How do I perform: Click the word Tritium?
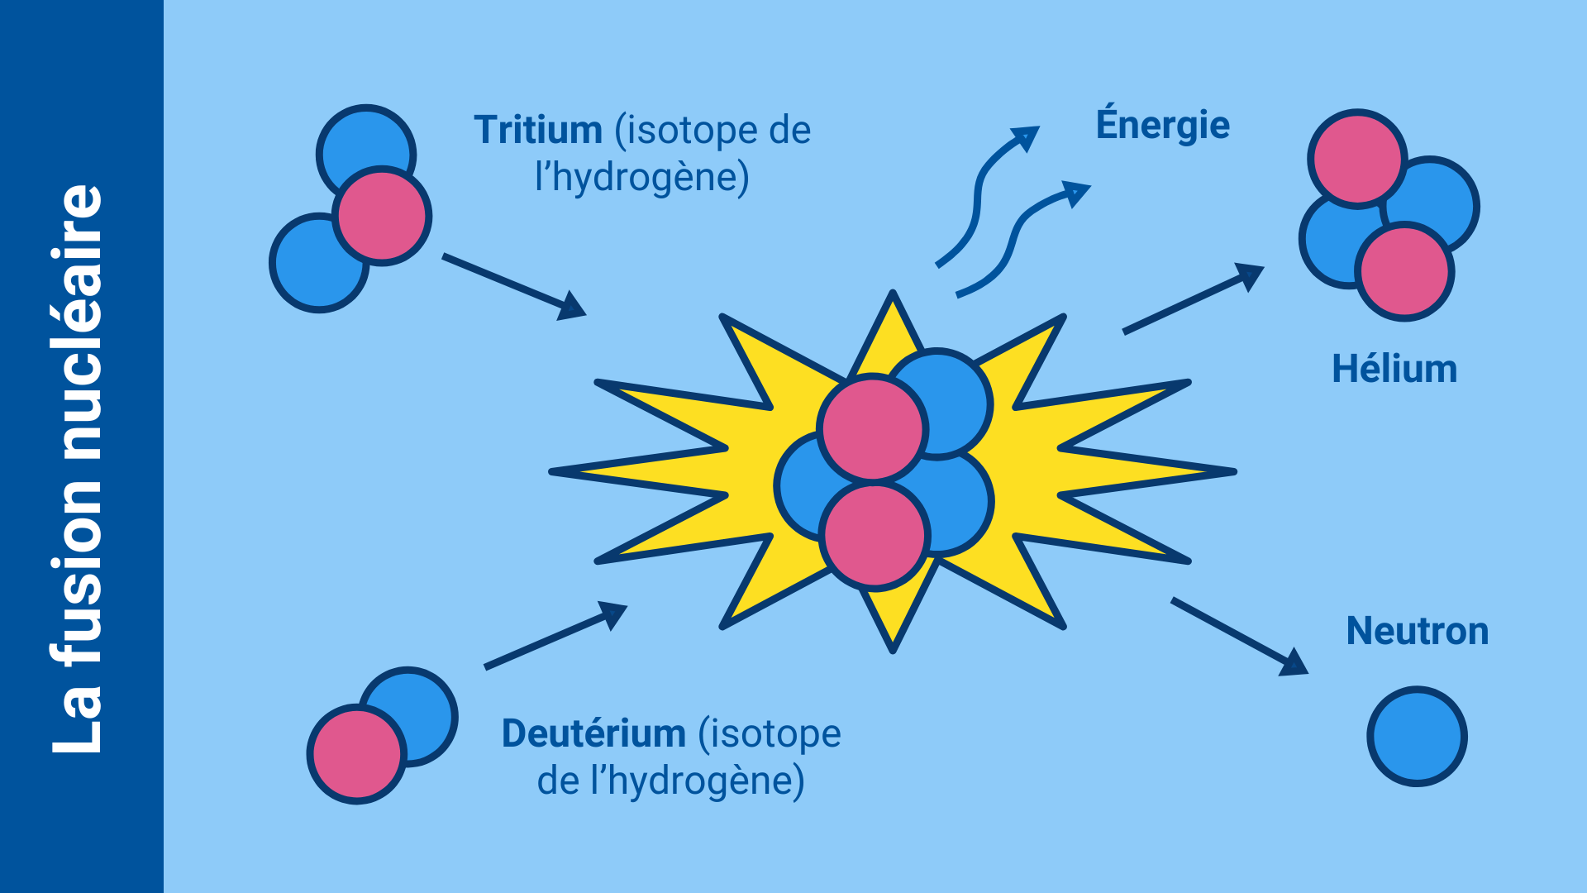(537, 131)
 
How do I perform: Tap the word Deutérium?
(593, 733)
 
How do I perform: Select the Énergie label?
(1162, 124)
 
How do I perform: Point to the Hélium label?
(1394, 369)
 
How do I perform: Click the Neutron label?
(1417, 631)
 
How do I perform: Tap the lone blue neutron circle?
(1417, 736)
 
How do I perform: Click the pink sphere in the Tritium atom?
(383, 216)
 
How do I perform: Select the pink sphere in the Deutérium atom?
(356, 754)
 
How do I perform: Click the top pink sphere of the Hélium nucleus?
(1356, 158)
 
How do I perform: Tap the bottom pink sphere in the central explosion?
(875, 535)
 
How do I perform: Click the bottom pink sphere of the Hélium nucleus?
(1404, 271)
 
